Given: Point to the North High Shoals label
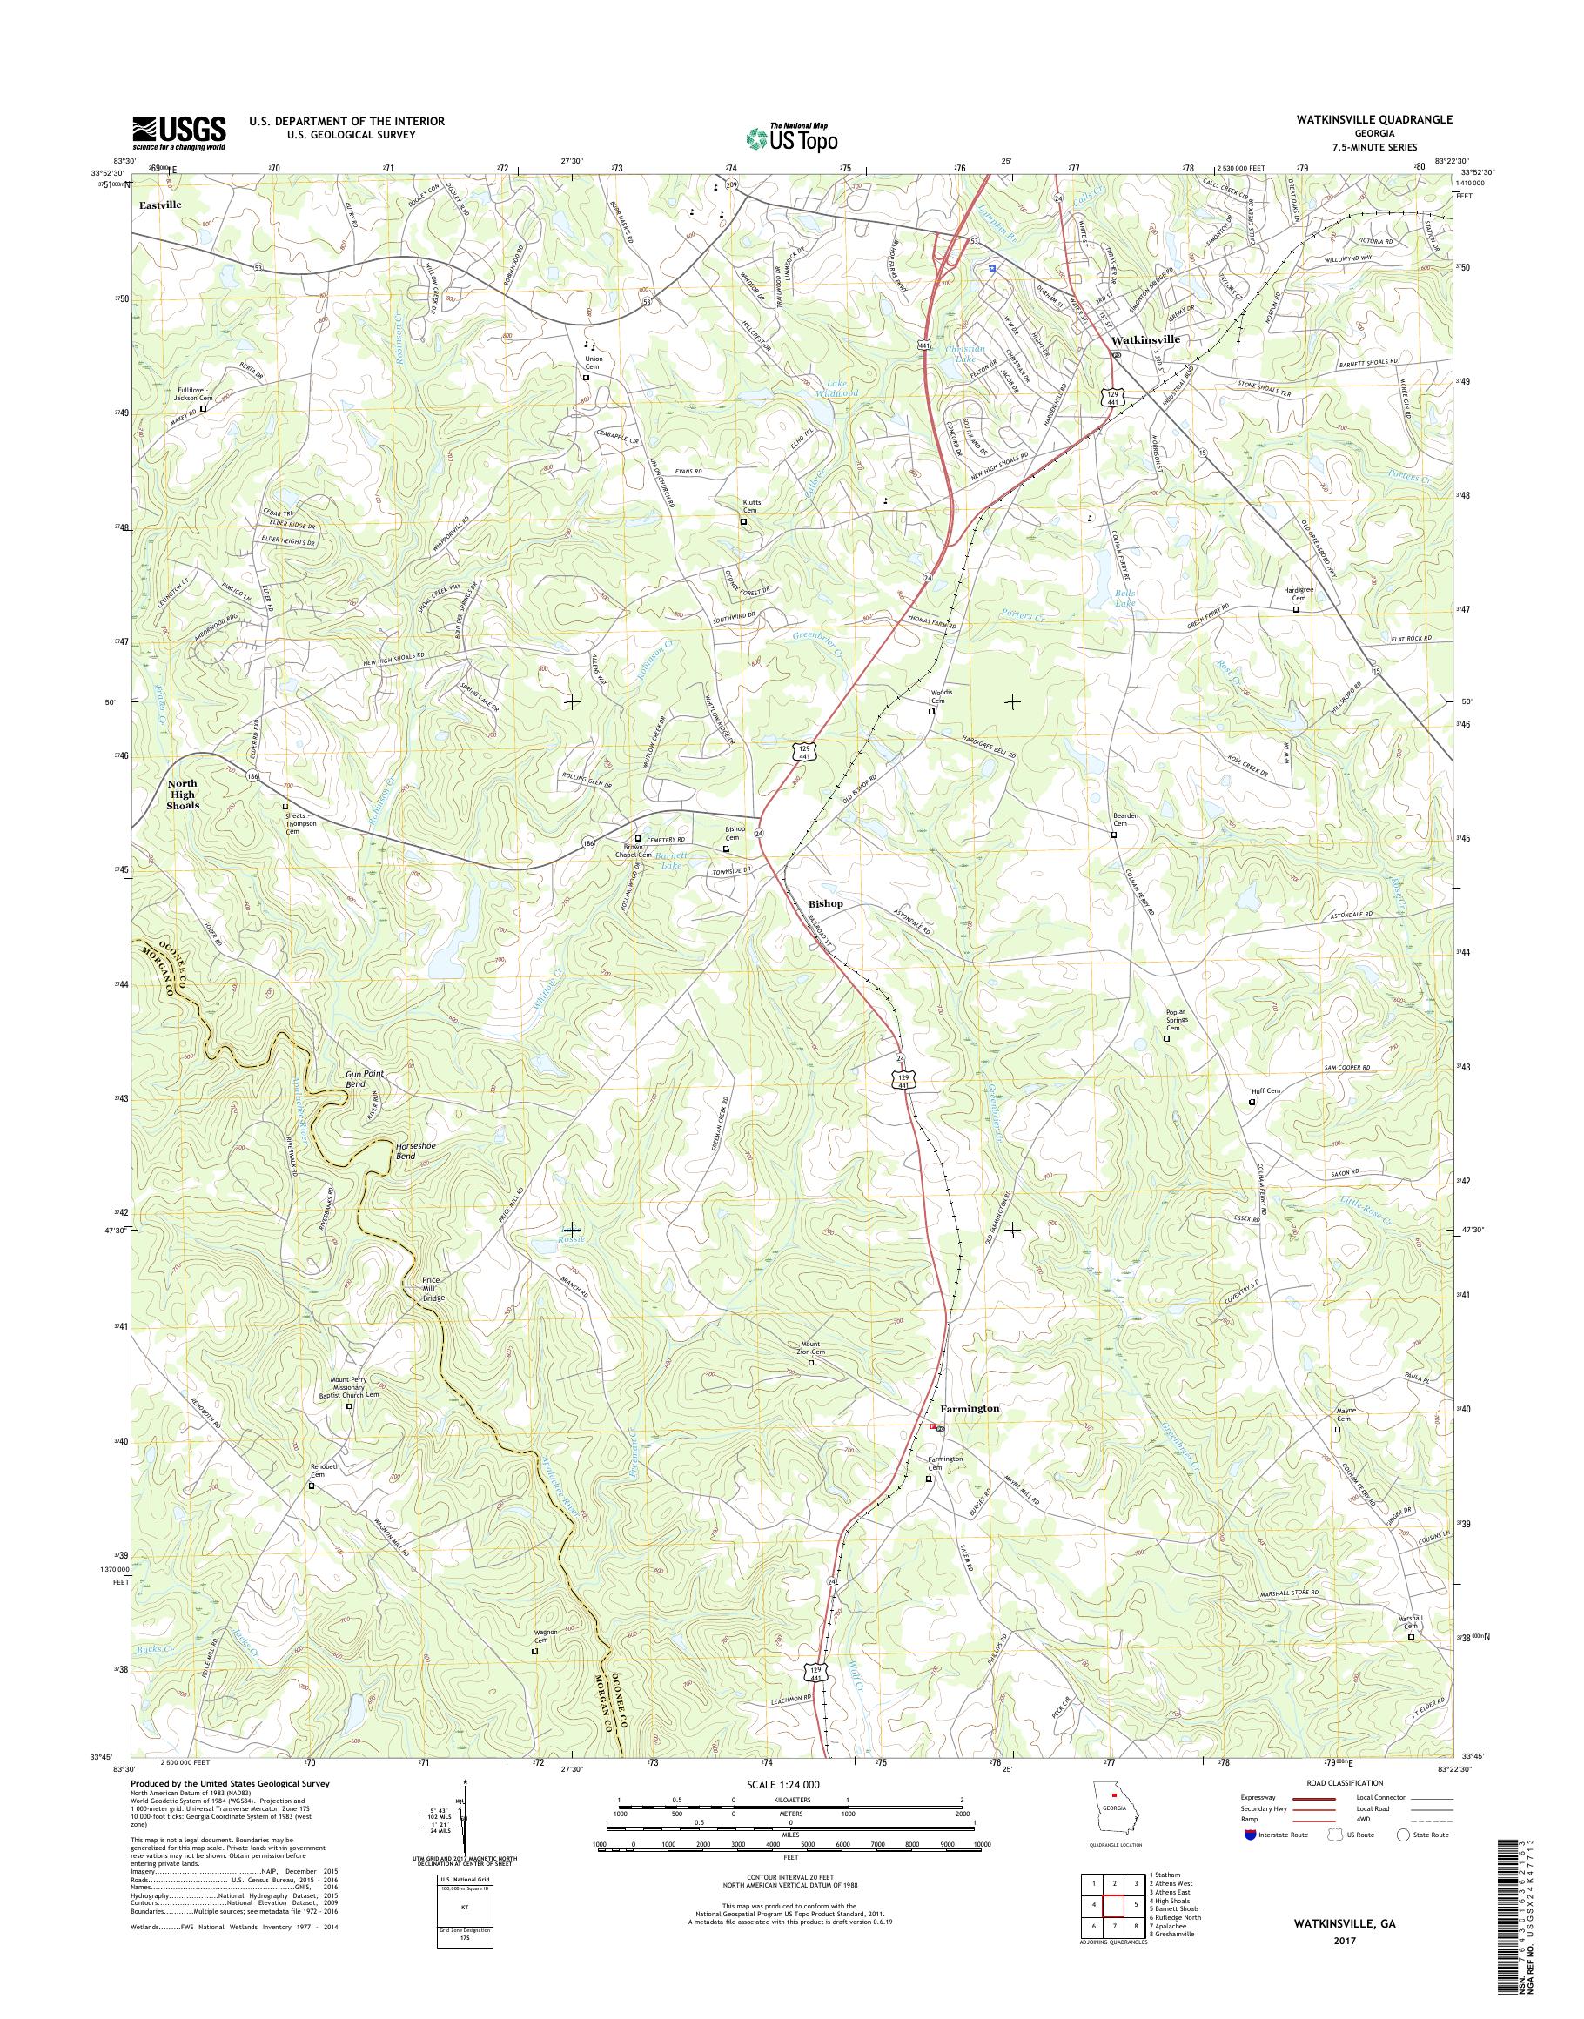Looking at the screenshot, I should click(182, 795).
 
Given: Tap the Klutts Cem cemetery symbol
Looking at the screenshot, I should click(743, 522).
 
